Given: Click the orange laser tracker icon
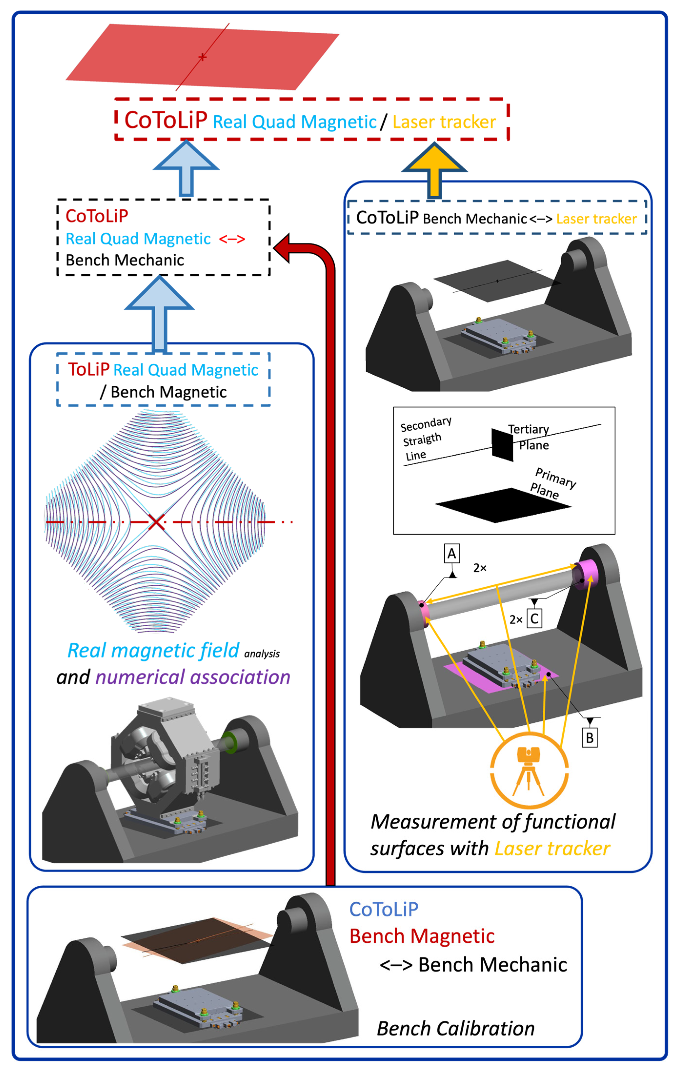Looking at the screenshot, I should click(528, 770).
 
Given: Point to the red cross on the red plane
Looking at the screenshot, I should click(202, 57).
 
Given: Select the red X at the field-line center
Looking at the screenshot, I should click(156, 522).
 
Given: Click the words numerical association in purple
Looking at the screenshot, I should click(193, 677).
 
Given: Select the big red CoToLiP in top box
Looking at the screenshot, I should click(165, 120).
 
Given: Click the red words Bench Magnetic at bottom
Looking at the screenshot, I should click(422, 936).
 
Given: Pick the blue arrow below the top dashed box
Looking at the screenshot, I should click(186, 168).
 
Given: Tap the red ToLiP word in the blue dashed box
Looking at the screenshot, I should click(89, 369).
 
